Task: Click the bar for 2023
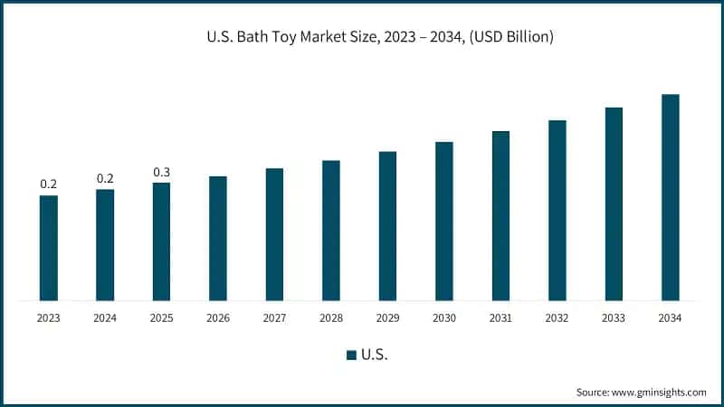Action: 48,248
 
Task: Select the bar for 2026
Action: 218,238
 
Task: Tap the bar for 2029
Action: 387,225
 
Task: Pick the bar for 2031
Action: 500,215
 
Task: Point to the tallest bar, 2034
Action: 670,197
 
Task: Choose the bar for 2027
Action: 274,234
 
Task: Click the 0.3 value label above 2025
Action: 161,172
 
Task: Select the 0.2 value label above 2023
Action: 48,185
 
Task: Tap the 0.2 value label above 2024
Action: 105,178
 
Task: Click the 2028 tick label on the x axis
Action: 331,318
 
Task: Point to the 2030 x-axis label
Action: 443,318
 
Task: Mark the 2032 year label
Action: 557,318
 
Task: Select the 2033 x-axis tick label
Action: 614,318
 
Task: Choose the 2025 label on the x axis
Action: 161,318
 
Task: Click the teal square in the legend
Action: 351,355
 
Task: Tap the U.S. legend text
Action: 375,355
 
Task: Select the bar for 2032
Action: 557,210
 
